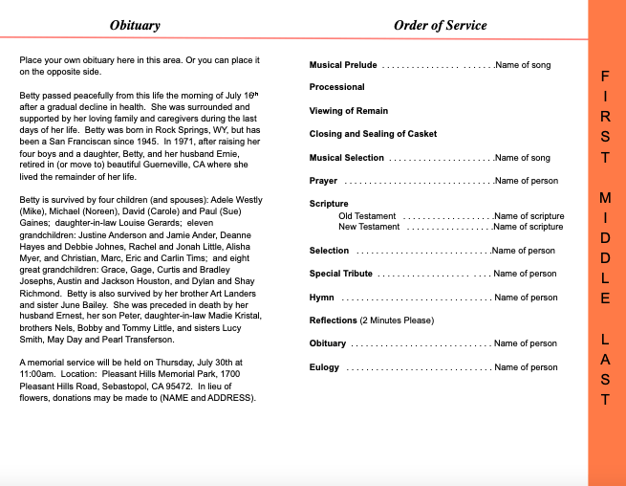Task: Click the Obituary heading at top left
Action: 135,25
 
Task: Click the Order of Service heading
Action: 440,25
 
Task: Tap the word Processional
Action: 336,87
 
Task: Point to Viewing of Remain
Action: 348,111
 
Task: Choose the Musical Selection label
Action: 347,158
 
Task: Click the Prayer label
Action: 323,181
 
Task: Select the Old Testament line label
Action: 367,216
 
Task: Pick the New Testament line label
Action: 369,227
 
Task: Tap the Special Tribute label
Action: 339,274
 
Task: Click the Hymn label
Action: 322,298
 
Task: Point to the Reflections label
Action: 334,320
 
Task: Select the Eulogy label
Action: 324,367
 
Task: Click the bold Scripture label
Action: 329,204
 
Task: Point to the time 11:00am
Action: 37,374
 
